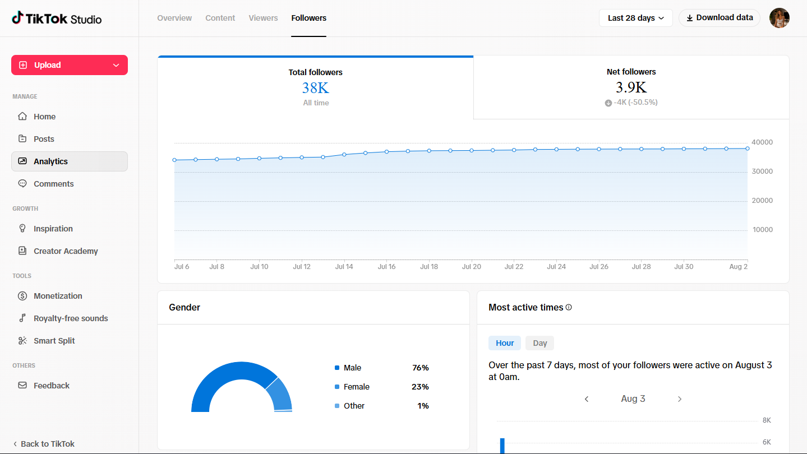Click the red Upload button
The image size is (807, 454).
click(69, 65)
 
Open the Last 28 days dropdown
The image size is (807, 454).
click(635, 18)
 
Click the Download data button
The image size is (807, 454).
click(720, 18)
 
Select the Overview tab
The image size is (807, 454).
click(174, 18)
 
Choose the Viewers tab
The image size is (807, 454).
click(263, 18)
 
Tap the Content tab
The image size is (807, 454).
click(220, 18)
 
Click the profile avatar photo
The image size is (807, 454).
click(780, 18)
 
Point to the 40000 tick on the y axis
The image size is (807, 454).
click(762, 142)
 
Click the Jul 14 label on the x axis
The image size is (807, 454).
click(344, 267)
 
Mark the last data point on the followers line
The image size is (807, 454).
click(748, 149)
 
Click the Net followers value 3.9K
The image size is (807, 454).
click(631, 87)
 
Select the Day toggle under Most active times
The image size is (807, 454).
click(539, 343)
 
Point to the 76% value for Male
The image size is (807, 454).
click(421, 368)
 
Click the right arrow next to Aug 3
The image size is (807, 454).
click(680, 399)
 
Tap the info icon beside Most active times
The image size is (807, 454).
click(569, 307)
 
